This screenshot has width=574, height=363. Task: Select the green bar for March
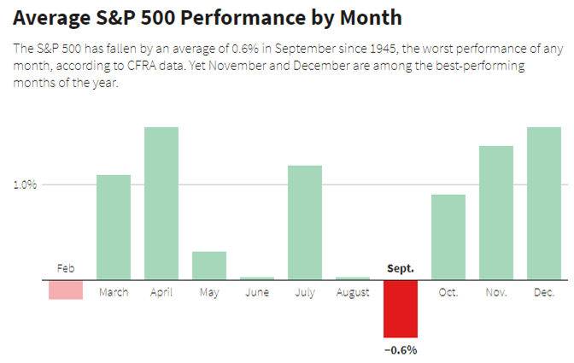[x=114, y=227]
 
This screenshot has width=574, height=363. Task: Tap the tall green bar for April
[x=161, y=203]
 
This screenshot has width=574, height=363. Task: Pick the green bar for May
[x=209, y=266]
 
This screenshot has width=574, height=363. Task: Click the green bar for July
[x=305, y=222]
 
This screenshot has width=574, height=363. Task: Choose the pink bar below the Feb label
[x=66, y=290]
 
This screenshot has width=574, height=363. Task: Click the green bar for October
[x=448, y=237]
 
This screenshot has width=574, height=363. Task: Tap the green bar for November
[x=496, y=213]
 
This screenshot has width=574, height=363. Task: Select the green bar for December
[x=544, y=203]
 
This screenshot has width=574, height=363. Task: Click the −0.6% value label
[x=401, y=349]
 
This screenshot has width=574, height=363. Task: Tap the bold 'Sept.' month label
[x=401, y=268]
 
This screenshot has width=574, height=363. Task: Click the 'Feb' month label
[x=66, y=268]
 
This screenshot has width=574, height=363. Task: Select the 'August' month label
[x=353, y=293]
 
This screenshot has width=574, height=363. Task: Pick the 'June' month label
[x=257, y=293]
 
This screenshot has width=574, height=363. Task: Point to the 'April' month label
[x=161, y=293]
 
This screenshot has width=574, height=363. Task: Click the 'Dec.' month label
[x=544, y=293]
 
